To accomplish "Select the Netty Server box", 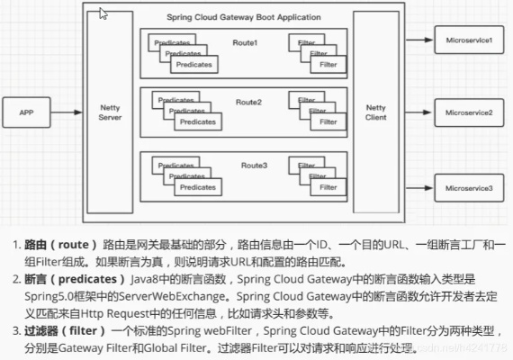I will [109, 112].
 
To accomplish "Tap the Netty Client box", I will [375, 112].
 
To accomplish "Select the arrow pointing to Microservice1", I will [417, 40].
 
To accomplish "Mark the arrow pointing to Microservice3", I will [417, 187].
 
